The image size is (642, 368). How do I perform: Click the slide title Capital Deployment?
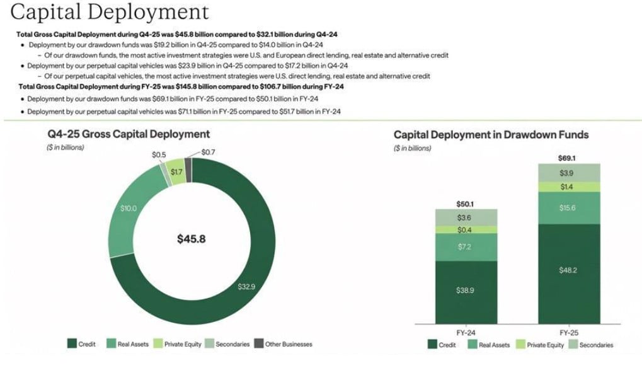click(x=110, y=11)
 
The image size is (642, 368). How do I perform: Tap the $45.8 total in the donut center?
click(x=192, y=239)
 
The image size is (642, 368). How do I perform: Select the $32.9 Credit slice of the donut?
click(x=247, y=287)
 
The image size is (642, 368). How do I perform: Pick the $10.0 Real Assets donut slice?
click(x=129, y=209)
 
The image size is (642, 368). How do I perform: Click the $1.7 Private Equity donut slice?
click(x=177, y=172)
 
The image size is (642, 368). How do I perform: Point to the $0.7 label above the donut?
click(x=209, y=152)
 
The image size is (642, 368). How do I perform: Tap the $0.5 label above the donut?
click(x=159, y=154)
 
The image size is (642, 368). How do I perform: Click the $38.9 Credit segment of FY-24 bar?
click(x=466, y=290)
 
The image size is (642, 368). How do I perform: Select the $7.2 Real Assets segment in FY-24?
click(x=466, y=247)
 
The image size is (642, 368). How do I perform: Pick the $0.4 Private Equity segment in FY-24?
click(x=466, y=230)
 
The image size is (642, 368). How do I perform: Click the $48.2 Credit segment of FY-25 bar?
click(x=569, y=270)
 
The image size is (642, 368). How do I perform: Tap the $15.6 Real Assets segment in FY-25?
click(x=569, y=208)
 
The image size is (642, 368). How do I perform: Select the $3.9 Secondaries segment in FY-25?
click(x=569, y=173)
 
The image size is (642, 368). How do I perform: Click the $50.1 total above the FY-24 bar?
click(x=466, y=204)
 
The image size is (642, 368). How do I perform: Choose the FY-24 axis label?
click(x=466, y=331)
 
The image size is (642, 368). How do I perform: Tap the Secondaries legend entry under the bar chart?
click(x=592, y=345)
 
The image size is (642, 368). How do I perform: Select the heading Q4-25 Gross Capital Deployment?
click(x=129, y=134)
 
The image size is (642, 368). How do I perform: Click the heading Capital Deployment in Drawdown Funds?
click(x=491, y=135)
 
